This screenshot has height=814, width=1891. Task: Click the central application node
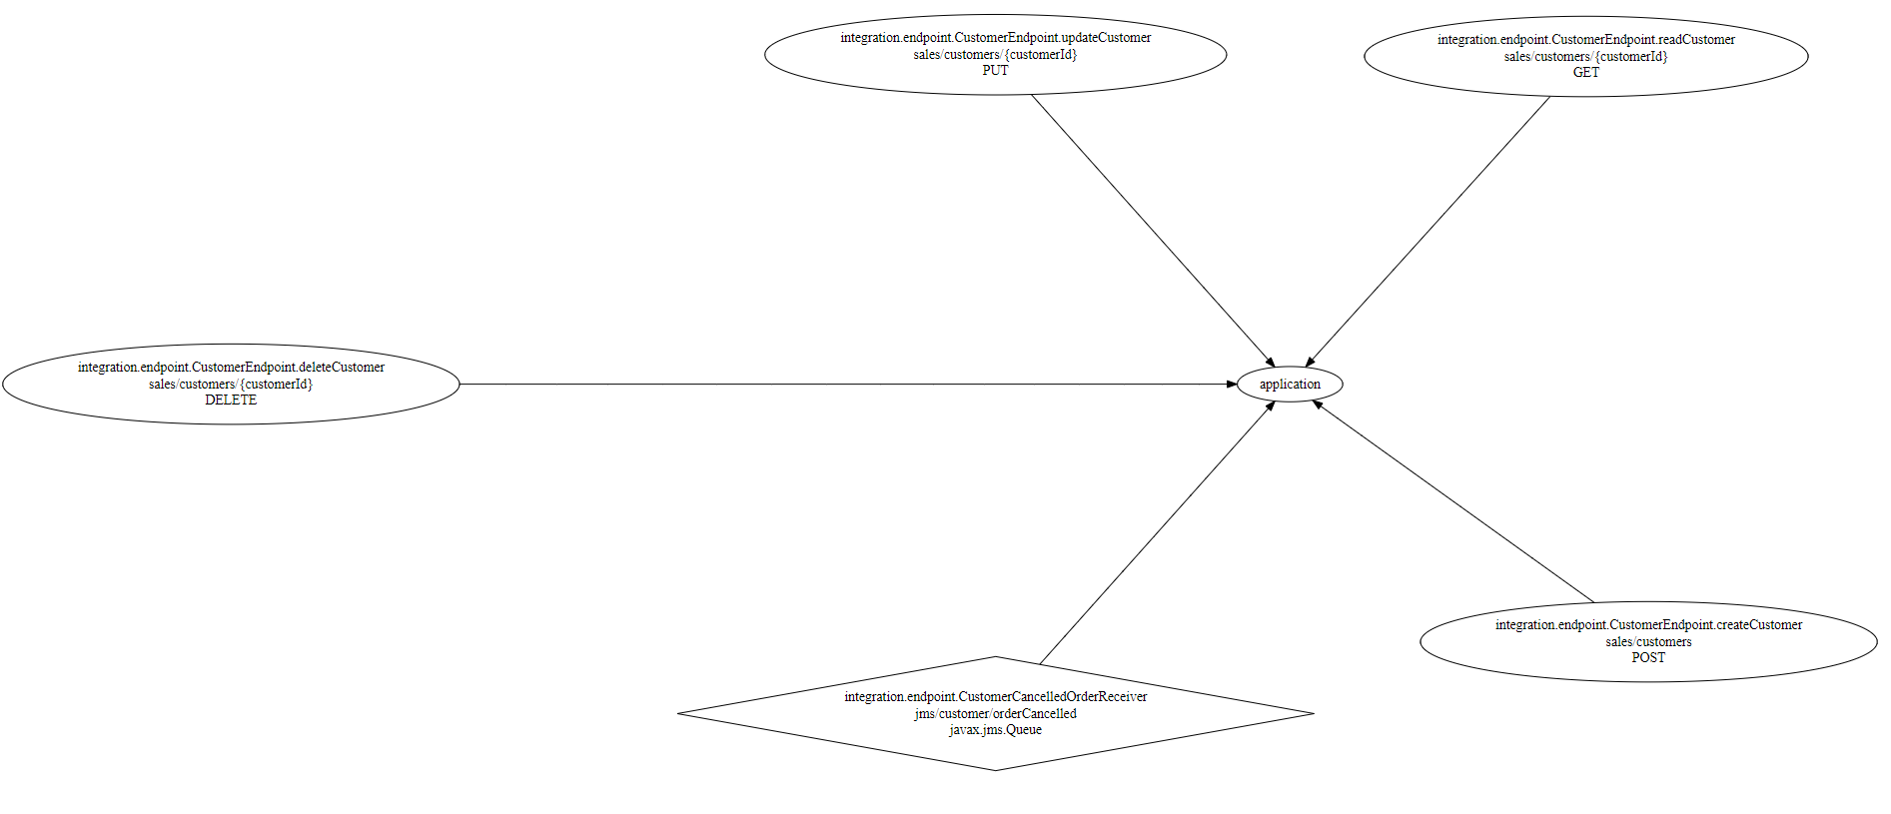(1289, 385)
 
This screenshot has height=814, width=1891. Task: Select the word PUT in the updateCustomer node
(995, 71)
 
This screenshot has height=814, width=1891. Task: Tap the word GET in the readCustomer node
(1585, 73)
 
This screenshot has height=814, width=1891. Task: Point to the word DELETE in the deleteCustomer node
(231, 401)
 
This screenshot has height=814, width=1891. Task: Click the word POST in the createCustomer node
(1648, 658)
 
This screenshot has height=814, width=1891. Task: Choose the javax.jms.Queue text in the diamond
(995, 730)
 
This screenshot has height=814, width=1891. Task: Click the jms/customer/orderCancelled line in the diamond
(995, 714)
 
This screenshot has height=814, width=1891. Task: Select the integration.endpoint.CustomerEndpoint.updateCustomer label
(995, 38)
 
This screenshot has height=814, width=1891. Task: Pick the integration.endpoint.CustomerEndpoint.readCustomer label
(1585, 40)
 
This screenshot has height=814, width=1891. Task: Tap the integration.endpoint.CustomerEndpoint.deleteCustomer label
(231, 368)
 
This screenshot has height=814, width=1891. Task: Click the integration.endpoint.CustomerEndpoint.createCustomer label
(1648, 625)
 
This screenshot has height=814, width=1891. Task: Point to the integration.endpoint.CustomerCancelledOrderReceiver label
(995, 697)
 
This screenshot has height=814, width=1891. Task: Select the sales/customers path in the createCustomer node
(1648, 642)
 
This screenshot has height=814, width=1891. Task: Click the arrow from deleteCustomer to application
(849, 385)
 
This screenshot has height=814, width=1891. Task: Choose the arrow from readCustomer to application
(1428, 231)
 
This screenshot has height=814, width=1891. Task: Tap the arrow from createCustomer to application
(1453, 501)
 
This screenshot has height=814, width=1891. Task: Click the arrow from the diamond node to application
(1156, 533)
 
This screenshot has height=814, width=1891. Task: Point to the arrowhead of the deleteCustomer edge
(1232, 385)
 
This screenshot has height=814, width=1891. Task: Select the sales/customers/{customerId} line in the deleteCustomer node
(231, 385)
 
